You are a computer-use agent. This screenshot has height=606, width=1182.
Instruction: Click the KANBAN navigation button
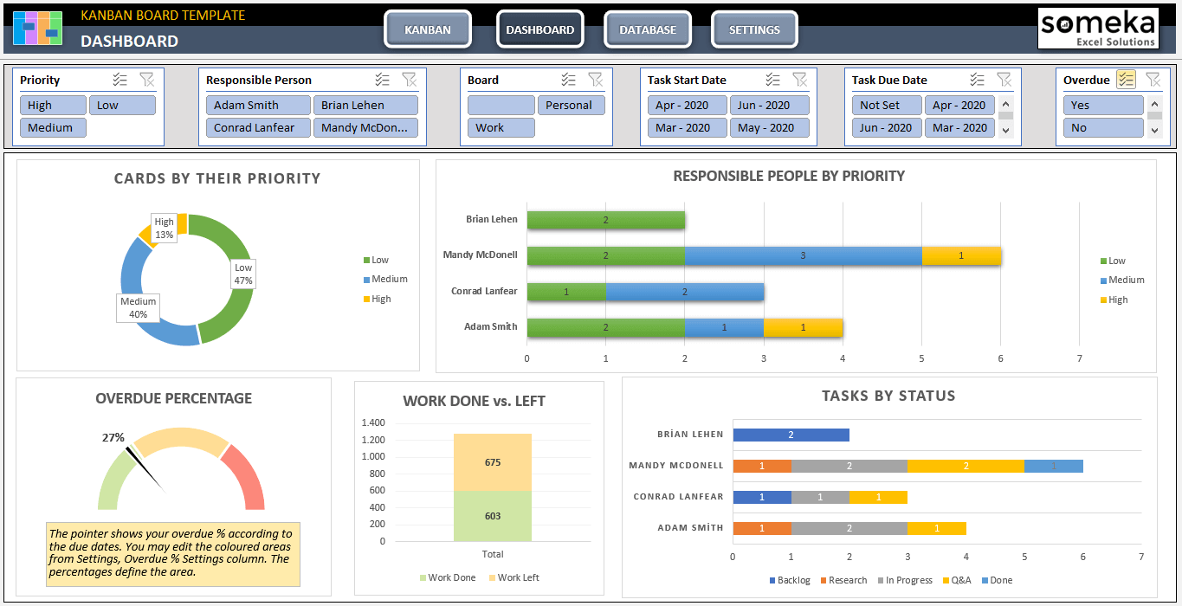428,29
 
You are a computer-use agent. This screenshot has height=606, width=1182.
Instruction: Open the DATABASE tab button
648,29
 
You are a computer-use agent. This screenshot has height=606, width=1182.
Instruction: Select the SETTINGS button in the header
754,29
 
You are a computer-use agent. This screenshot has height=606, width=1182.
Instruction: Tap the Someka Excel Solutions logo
1098,29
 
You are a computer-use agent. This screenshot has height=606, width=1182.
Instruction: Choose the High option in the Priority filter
53,105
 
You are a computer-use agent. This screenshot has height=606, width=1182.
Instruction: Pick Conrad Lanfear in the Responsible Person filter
258,127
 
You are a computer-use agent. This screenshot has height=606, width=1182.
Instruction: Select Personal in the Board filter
571,105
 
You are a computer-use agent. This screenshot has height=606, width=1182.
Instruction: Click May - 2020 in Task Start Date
769,127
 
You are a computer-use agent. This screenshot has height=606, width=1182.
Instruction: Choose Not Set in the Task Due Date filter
887,105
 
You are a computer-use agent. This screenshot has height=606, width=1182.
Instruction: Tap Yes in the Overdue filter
1103,105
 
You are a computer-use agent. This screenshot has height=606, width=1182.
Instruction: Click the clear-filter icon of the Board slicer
596,80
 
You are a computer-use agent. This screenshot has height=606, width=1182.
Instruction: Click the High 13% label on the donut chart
165,229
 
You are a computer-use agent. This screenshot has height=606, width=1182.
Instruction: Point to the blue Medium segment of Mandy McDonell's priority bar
803,255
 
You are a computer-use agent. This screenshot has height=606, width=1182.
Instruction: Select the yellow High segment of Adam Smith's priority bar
803,327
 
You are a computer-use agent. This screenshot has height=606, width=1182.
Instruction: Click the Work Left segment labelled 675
493,462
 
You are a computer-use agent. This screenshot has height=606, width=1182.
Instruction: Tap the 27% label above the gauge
113,437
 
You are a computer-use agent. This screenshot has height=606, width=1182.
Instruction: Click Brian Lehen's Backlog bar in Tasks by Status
791,435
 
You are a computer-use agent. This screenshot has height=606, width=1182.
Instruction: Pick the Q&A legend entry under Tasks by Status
957,580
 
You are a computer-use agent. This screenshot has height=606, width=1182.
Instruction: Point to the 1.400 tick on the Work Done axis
373,422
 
